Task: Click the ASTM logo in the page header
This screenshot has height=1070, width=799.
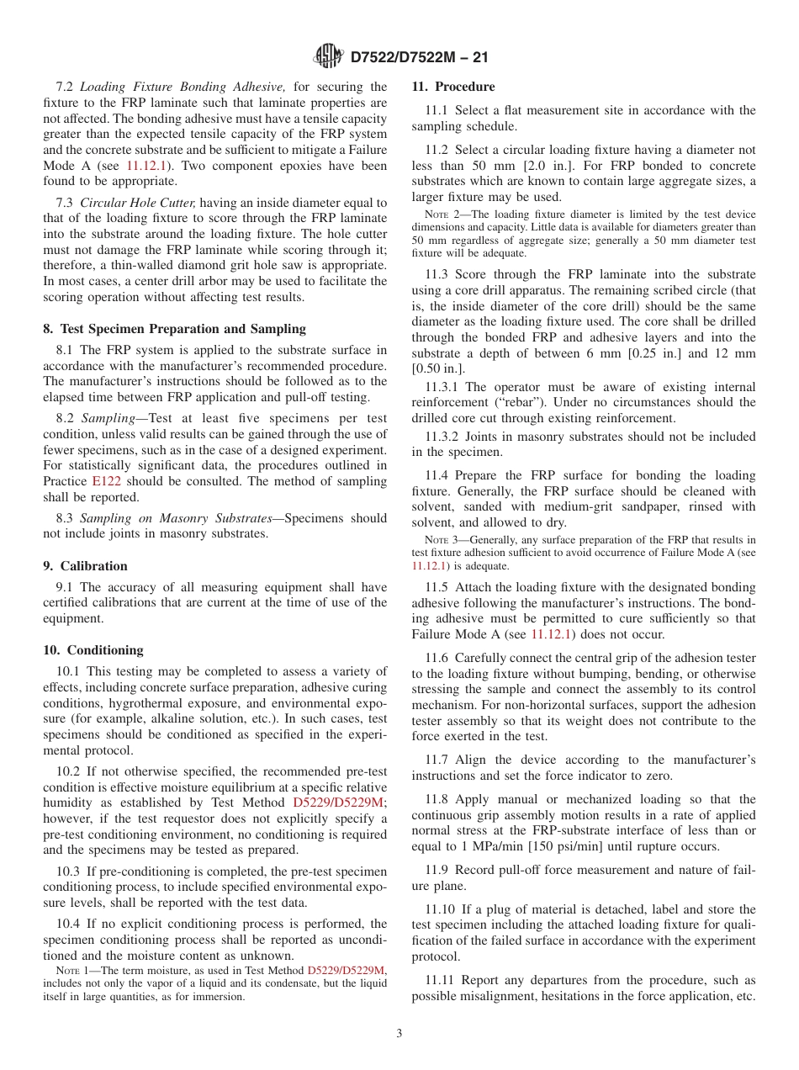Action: [x=328, y=56]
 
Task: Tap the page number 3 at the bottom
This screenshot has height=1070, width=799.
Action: [x=399, y=1034]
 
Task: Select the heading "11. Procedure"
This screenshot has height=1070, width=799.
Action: [x=453, y=87]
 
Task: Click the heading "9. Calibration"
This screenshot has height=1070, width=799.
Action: [x=85, y=566]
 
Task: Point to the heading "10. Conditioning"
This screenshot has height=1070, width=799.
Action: [x=93, y=650]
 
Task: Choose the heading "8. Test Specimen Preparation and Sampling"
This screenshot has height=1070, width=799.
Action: [x=175, y=329]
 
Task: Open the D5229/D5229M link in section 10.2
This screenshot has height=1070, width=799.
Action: [x=339, y=802]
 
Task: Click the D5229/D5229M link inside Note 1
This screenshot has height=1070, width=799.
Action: [x=346, y=970]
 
